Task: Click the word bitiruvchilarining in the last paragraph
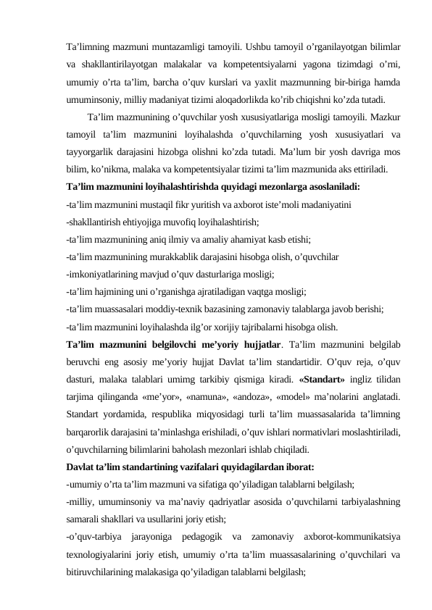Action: coord(103,572)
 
